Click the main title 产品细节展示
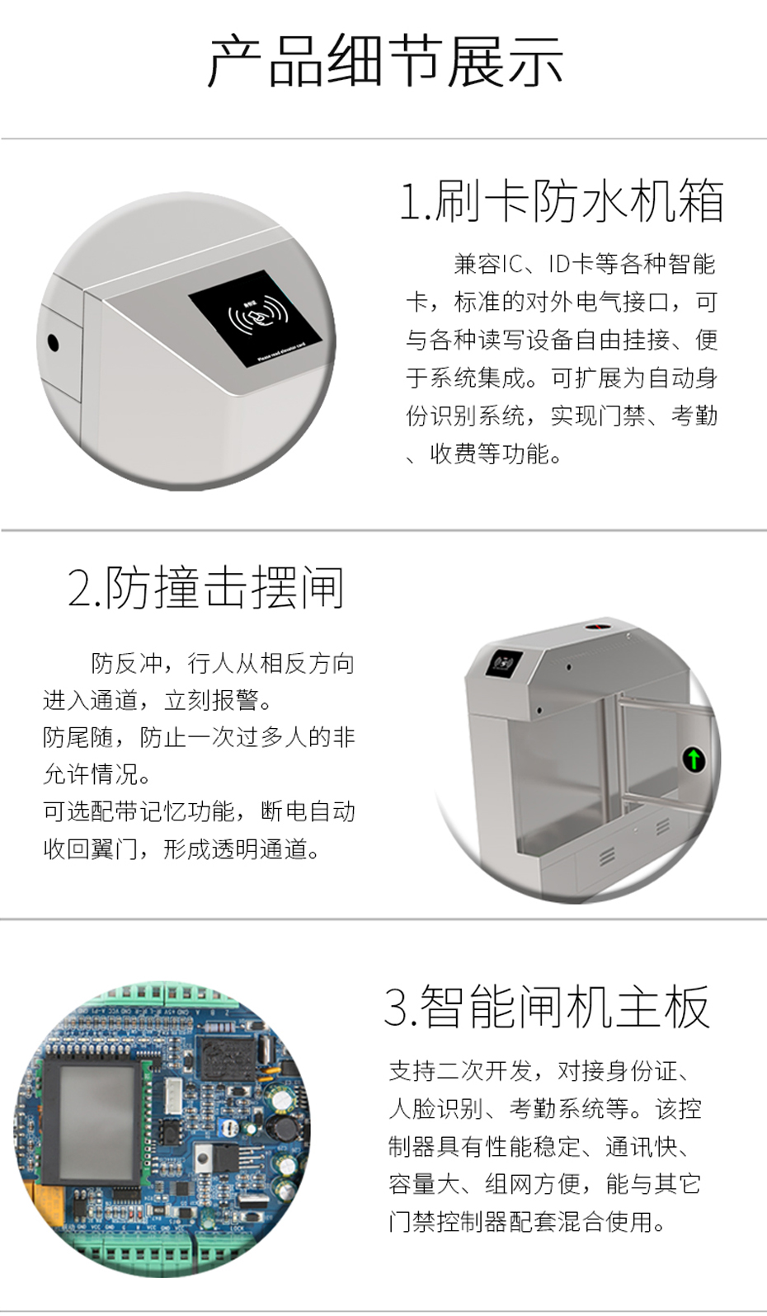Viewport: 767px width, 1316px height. click(383, 62)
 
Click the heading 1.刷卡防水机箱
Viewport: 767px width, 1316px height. click(561, 200)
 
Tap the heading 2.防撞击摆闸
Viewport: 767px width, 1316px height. click(205, 588)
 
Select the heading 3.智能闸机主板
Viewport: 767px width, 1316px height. click(546, 1007)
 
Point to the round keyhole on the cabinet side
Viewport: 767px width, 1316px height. click(53, 341)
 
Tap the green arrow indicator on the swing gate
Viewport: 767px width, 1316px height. click(694, 759)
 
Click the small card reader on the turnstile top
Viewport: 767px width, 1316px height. click(502, 661)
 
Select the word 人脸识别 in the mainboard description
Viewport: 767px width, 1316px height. click(435, 1108)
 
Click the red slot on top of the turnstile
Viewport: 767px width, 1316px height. click(595, 628)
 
